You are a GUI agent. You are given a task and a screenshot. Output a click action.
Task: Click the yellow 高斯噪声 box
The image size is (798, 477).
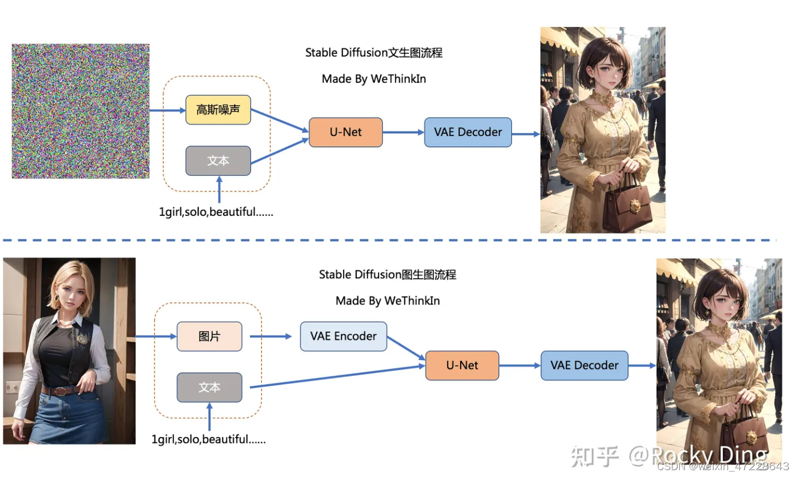[218, 110]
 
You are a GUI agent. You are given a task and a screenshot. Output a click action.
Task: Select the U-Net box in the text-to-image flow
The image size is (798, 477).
[345, 132]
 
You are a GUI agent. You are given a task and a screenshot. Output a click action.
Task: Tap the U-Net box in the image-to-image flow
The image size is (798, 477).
[462, 366]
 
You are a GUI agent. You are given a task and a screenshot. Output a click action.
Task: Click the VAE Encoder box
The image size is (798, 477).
[343, 336]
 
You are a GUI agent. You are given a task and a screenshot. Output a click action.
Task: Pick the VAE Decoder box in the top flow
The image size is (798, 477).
[467, 132]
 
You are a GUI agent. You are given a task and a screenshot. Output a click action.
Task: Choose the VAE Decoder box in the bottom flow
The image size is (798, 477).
[584, 366]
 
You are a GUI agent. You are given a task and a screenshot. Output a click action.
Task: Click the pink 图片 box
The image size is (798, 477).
[209, 336]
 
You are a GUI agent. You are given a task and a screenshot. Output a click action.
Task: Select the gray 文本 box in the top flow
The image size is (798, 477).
[218, 161]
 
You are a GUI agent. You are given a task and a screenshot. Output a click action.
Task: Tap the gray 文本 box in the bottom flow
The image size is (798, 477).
[209, 387]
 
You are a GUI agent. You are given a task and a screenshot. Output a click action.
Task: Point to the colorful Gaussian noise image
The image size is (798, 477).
[80, 111]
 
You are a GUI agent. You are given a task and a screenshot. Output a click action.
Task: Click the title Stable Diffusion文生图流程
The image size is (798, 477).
[374, 53]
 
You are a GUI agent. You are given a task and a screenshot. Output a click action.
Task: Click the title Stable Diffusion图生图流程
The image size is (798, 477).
[388, 275]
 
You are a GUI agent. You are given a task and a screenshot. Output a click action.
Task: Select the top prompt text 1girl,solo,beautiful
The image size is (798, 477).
[216, 212]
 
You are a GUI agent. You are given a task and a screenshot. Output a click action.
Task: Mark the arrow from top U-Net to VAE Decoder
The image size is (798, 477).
[403, 132]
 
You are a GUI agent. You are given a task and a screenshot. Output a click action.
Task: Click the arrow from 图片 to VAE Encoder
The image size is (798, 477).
[271, 336]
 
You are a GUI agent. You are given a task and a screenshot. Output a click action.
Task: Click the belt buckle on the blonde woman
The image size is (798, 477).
[57, 391]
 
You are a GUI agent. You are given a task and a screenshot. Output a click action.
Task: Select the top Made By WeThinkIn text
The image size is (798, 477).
[374, 79]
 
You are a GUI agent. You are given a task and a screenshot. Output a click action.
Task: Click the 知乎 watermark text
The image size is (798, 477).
[595, 456]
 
